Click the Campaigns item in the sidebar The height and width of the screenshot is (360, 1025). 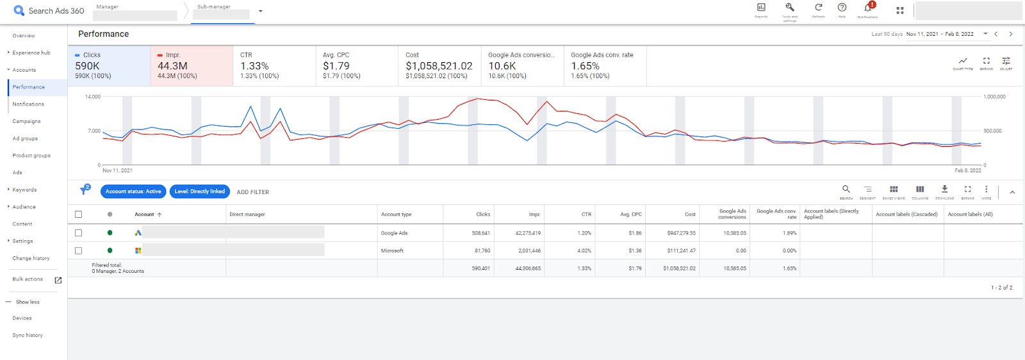[x=26, y=121]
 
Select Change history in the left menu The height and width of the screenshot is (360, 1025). [x=31, y=258]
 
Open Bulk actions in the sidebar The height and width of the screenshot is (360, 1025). [x=28, y=279]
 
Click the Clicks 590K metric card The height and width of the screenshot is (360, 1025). [x=109, y=65]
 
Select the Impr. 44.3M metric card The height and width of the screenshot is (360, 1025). [x=192, y=65]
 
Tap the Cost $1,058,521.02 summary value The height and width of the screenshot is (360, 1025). [x=439, y=66]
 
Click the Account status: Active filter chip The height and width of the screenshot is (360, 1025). [x=133, y=192]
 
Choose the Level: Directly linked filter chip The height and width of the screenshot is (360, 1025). [x=199, y=192]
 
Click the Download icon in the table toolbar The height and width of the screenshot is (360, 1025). [x=944, y=190]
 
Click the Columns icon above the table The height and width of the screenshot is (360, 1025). [x=920, y=190]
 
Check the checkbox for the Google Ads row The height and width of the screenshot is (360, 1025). [x=78, y=233]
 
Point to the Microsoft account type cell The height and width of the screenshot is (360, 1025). [x=392, y=250]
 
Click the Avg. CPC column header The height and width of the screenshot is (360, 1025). [x=631, y=215]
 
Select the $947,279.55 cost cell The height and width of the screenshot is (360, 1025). [x=681, y=233]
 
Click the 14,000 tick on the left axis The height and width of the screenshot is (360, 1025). [x=93, y=97]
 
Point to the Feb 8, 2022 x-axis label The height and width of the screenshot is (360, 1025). [x=967, y=170]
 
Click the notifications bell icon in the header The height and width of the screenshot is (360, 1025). [x=867, y=8]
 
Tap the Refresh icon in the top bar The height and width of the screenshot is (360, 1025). [x=818, y=8]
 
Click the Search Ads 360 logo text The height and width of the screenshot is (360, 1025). [x=56, y=11]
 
